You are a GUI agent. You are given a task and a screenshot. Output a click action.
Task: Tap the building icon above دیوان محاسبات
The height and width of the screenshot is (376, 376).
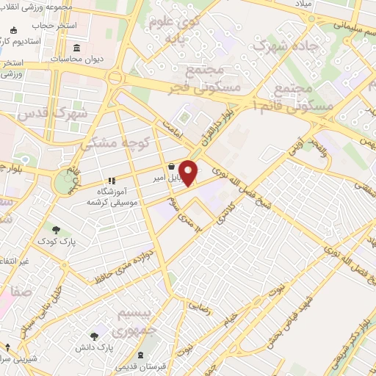coord(77,48)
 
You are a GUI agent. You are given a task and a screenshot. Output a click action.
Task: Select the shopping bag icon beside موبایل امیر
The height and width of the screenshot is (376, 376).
coord(171,166)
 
